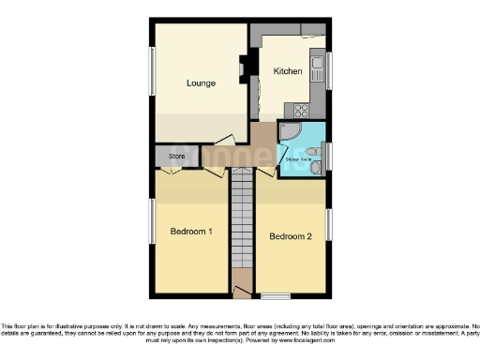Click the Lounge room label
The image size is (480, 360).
point(201,82)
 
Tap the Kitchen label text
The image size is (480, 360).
point(287,71)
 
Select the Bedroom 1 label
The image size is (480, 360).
point(190,232)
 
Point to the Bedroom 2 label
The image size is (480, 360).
point(290,236)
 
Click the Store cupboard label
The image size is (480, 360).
point(175,156)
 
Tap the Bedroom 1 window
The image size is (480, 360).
point(152,225)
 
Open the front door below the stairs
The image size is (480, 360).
point(243,292)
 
